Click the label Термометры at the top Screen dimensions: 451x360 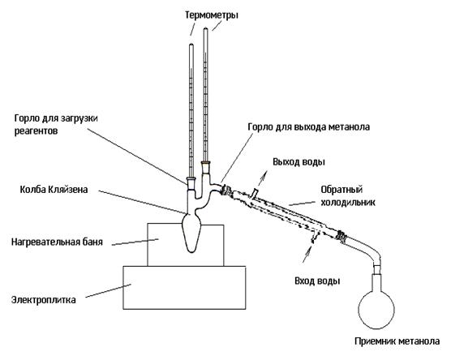tap(212, 15)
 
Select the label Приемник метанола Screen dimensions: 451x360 tap(397, 341)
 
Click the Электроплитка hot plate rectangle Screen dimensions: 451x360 tap(184, 288)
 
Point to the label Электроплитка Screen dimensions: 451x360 tap(44, 300)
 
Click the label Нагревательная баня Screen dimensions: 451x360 tap(57, 242)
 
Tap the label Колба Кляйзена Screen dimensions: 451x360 tap(54, 190)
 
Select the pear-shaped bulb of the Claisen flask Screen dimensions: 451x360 tap(192, 233)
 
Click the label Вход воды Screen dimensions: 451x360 tap(317, 281)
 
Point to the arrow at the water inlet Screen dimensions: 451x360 tap(307, 254)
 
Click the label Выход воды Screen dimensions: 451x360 tap(299, 162)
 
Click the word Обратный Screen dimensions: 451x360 tap(341, 190)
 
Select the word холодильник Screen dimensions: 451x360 tap(348, 202)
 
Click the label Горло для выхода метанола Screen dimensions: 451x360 tap(309, 126)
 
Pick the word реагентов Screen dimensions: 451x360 tap(37, 131)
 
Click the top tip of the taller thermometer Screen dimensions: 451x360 tap(206, 28)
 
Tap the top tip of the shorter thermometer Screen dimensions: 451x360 tap(191, 45)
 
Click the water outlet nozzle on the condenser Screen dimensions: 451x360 tap(254, 193)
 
